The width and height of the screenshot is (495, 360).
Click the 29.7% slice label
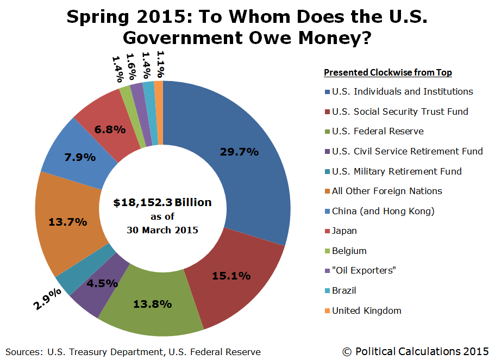pyautogui.click(x=239, y=152)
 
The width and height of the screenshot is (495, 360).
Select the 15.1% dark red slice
pyautogui.click(x=231, y=276)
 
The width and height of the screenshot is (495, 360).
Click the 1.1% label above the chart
pyautogui.click(x=159, y=64)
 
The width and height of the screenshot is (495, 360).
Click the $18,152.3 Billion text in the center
pyautogui.click(x=162, y=203)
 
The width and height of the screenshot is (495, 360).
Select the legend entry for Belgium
pyautogui.click(x=349, y=251)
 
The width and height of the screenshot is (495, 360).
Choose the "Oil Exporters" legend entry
pyautogui.click(x=364, y=271)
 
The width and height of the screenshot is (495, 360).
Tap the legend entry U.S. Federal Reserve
pyautogui.click(x=378, y=131)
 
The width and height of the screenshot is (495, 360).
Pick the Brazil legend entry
pyautogui.click(x=344, y=290)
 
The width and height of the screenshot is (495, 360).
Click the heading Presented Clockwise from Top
pyautogui.click(x=388, y=72)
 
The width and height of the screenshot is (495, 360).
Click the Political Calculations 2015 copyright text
pyautogui.click(x=416, y=351)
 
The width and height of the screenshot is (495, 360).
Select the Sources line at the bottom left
pyautogui.click(x=133, y=352)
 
